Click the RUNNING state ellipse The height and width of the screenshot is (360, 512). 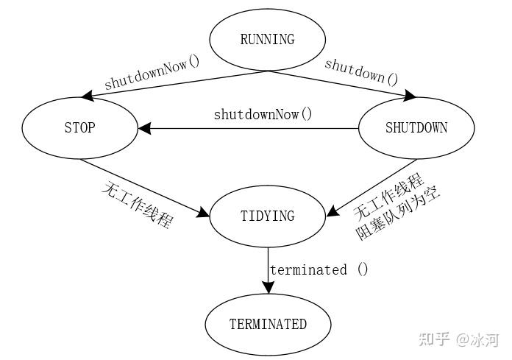[x=267, y=40]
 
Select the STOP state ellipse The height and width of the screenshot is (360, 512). [x=79, y=128]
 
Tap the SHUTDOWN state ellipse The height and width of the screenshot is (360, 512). [x=416, y=128]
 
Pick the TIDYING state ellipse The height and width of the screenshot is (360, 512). [x=267, y=216]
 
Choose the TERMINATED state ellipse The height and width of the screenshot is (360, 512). [x=267, y=324]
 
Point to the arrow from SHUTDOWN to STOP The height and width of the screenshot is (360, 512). [x=250, y=128]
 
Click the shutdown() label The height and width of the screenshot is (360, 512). [x=361, y=70]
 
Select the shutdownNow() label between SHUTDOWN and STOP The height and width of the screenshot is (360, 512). [x=263, y=114]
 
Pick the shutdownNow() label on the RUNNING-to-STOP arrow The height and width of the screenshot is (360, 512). [x=152, y=74]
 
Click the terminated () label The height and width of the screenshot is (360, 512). [x=319, y=269]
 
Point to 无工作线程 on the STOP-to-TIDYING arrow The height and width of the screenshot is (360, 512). [x=137, y=205]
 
